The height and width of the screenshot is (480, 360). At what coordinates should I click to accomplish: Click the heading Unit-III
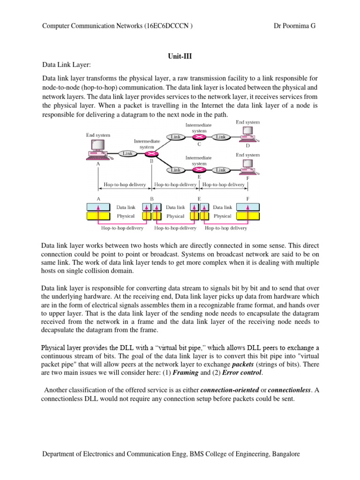[x=180, y=55]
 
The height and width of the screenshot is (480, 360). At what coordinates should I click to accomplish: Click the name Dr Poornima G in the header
[x=294, y=26]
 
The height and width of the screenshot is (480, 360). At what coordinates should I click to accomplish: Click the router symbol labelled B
[x=151, y=154]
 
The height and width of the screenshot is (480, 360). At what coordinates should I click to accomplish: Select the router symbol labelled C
[x=199, y=137]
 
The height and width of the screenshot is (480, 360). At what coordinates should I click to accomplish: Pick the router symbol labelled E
[x=199, y=170]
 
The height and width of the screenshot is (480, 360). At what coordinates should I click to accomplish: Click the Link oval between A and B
[x=127, y=153]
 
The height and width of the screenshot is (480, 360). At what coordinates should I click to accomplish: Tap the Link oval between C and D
[x=221, y=137]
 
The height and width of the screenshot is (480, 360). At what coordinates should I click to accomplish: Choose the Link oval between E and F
[x=221, y=170]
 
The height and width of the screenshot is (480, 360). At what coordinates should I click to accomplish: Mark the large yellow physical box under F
[x=247, y=216]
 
